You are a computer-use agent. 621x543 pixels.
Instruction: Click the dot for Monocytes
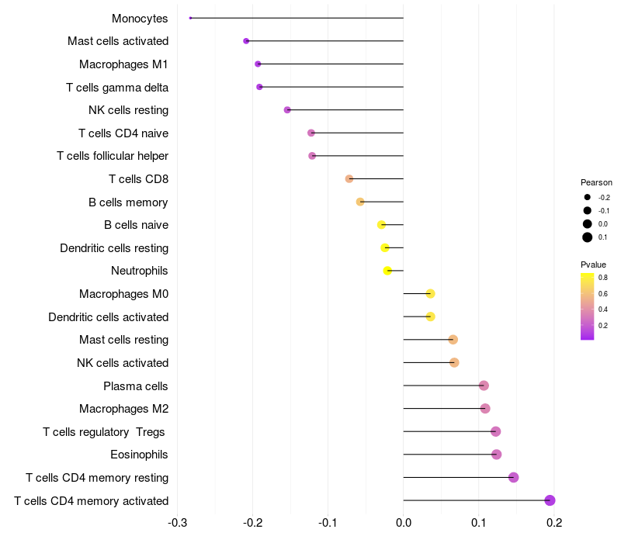coord(190,18)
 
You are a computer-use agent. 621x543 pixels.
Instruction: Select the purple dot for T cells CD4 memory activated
coord(550,500)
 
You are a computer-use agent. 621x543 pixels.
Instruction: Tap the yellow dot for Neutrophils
coord(387,271)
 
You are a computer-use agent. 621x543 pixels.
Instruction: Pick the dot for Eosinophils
coord(497,455)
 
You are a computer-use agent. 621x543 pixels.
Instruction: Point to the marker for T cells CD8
coord(349,179)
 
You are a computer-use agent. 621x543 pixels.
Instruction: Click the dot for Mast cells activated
coord(246,41)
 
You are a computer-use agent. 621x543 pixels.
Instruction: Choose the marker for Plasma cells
coord(484,386)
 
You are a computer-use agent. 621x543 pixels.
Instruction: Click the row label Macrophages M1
coord(123,64)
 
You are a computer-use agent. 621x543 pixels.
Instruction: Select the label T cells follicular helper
coord(113,156)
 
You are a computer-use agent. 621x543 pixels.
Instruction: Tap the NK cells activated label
coord(123,363)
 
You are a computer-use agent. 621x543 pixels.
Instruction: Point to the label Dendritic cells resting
coord(114,248)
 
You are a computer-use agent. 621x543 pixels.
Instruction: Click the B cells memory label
coord(128,202)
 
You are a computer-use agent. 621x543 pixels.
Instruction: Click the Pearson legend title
coord(596,182)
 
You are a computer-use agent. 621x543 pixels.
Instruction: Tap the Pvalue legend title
coord(594,265)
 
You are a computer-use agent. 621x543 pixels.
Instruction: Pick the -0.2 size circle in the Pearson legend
coord(588,197)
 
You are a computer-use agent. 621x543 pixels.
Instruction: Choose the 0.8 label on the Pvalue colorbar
coord(603,277)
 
